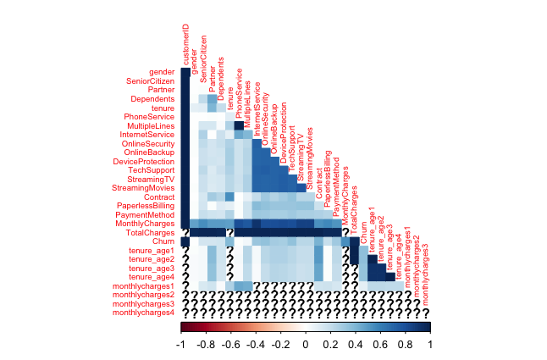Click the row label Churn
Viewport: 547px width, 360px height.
[163, 241]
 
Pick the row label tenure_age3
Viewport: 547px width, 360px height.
[152, 268]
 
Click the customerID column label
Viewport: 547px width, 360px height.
[186, 46]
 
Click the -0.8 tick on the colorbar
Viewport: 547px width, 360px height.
[205, 346]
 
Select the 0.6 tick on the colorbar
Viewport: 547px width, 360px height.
[380, 346]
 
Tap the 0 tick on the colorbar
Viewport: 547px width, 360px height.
[306, 346]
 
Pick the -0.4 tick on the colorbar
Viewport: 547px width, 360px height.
[255, 346]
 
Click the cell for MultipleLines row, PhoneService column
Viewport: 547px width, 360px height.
[238, 125]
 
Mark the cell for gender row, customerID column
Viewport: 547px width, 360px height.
[185, 72]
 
